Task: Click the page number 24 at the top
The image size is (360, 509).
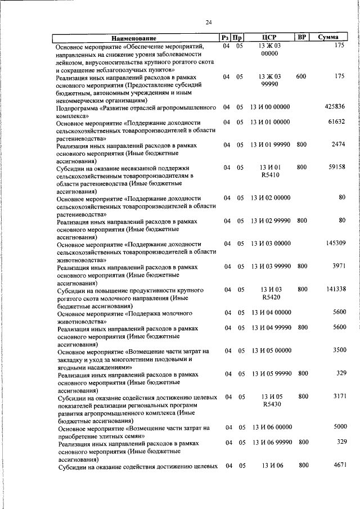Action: click(209, 22)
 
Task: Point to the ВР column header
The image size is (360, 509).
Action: click(301, 37)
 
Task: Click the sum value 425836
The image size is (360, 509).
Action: click(335, 107)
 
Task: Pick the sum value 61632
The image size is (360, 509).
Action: click(336, 121)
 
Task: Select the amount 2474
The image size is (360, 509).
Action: click(338, 145)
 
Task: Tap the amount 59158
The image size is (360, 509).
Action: click(336, 167)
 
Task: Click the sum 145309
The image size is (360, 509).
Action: click(335, 243)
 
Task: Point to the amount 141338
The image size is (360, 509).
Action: click(335, 289)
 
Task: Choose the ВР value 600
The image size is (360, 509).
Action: click(301, 76)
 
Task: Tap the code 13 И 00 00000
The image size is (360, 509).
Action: click(271, 107)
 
